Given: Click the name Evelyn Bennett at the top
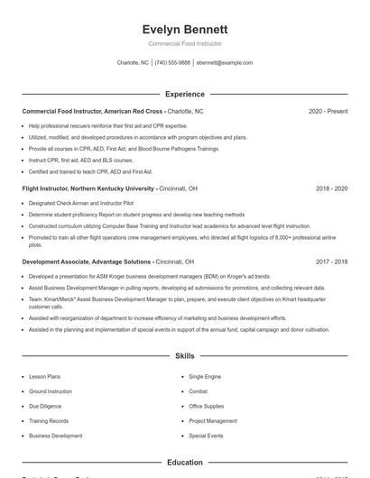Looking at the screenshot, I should [185, 29].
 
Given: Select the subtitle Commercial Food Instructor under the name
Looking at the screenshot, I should [185, 43].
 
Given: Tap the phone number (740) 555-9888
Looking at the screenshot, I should [172, 63].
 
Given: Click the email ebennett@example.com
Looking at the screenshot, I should [225, 63].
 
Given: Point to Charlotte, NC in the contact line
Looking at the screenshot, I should [133, 63].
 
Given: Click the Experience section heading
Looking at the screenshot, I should [185, 94].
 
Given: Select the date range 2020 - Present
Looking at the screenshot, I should [328, 111].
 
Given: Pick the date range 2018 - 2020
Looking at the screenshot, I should [331, 188].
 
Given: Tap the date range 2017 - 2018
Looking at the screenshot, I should [331, 262].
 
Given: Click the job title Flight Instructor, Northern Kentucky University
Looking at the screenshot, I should [88, 188].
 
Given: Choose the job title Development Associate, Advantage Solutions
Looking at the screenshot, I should [87, 262].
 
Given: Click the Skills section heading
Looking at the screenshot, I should [185, 356].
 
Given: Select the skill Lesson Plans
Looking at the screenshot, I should [45, 377].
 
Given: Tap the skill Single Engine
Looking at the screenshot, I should [205, 377].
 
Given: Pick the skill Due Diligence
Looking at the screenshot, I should [46, 407].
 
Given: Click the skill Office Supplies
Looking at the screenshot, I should [206, 407].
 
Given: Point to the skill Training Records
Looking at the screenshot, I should [49, 421].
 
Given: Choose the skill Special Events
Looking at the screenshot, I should [206, 436].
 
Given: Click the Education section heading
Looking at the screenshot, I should [185, 463].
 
